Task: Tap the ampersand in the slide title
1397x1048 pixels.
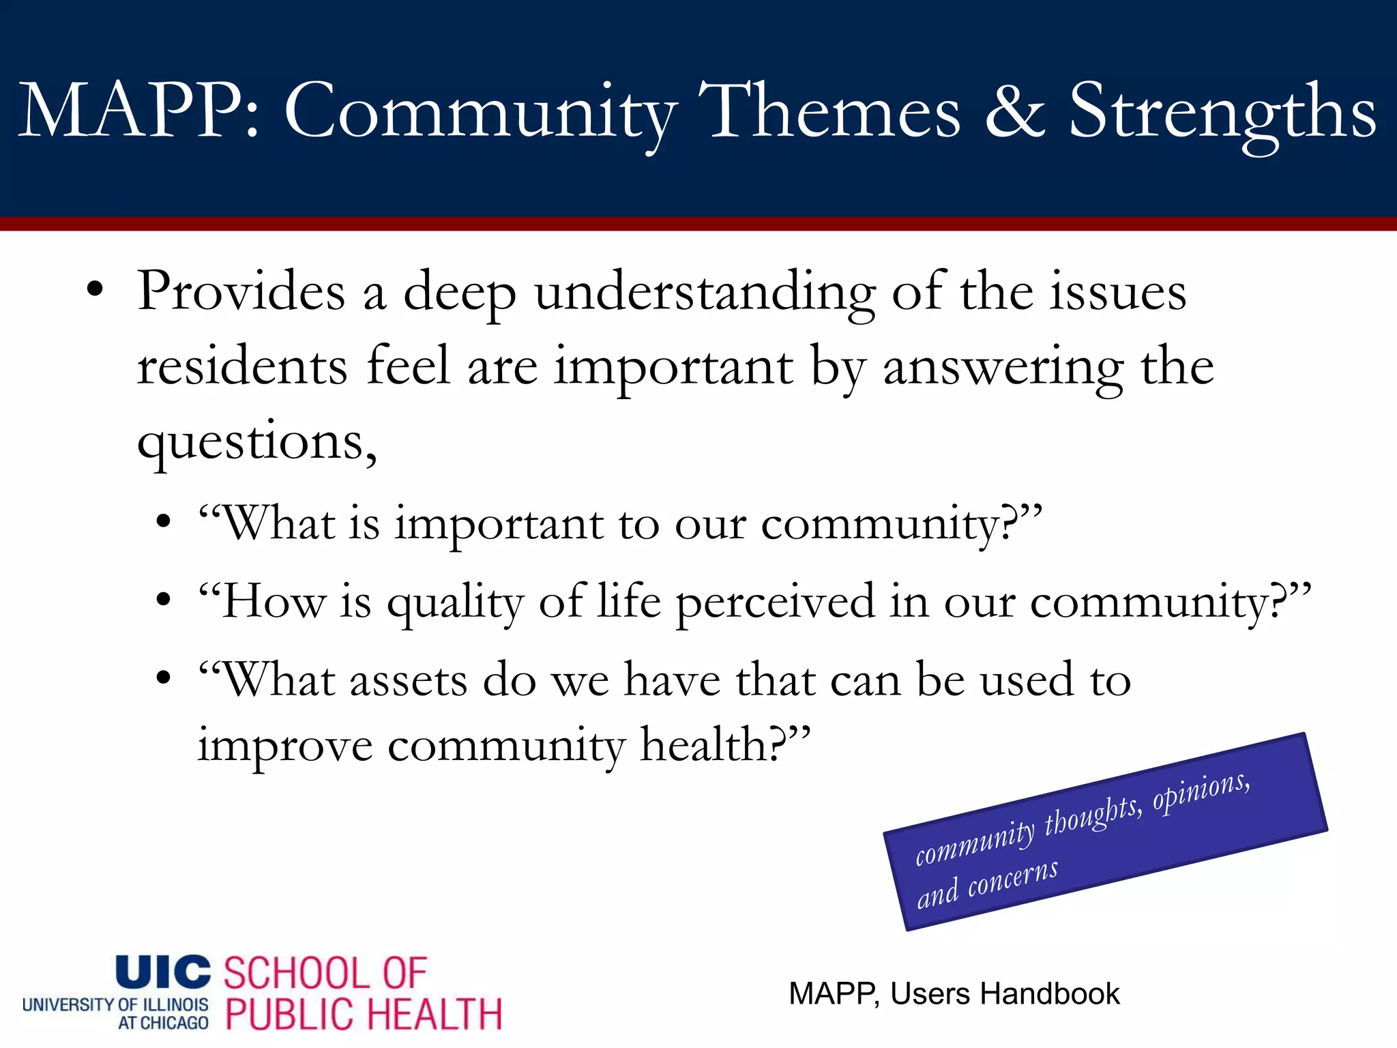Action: click(x=1014, y=111)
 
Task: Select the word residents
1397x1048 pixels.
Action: click(x=241, y=367)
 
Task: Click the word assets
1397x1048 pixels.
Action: click(x=408, y=680)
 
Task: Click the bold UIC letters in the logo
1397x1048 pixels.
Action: click(x=163, y=972)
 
